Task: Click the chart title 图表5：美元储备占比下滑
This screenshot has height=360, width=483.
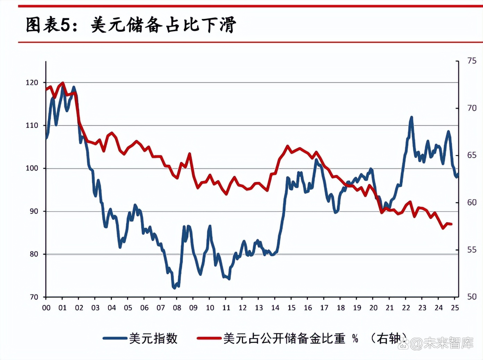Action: [131, 25]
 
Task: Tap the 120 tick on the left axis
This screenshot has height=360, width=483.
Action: [32, 83]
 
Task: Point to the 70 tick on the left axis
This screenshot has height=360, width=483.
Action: [34, 297]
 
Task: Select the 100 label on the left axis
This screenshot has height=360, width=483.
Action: [32, 168]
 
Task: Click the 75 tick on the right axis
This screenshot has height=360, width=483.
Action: [472, 61]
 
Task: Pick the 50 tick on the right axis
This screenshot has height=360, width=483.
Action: [472, 297]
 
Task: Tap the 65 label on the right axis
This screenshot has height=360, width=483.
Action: [472, 155]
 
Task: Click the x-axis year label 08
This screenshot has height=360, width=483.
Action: [177, 308]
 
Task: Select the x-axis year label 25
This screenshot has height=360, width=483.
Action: [455, 308]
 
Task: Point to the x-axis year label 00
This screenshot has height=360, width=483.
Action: [46, 308]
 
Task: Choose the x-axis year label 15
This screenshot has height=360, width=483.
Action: [291, 308]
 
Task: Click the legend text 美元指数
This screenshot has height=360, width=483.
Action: [153, 338]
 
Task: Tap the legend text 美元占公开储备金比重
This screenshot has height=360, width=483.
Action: [284, 338]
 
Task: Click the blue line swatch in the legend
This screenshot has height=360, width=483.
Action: [115, 338]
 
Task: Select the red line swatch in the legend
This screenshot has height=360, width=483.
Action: [209, 338]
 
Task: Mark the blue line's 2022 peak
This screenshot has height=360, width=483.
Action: [412, 117]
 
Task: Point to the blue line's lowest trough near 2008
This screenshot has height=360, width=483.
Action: [174, 288]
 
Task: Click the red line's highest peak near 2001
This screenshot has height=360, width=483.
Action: [63, 83]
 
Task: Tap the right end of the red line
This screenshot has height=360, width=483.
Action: [451, 224]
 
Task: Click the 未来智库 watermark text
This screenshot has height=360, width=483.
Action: [448, 343]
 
